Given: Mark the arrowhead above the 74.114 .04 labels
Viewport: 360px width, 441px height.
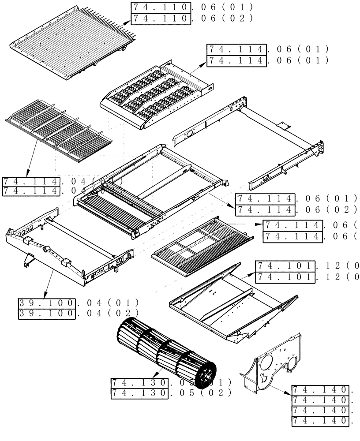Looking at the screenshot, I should pos(27,173).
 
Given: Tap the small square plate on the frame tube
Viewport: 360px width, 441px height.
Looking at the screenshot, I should pos(281,127).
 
